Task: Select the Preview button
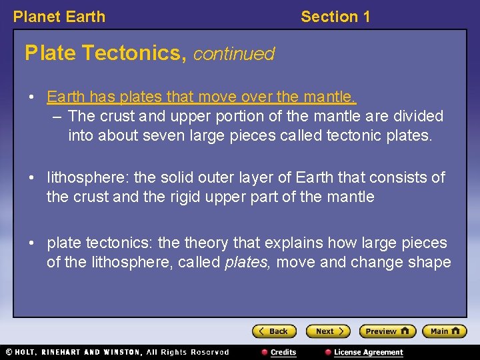387,331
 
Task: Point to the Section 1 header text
335,17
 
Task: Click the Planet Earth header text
59,17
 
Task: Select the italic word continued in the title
233,53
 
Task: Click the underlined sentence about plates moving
201,97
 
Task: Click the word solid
175,177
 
